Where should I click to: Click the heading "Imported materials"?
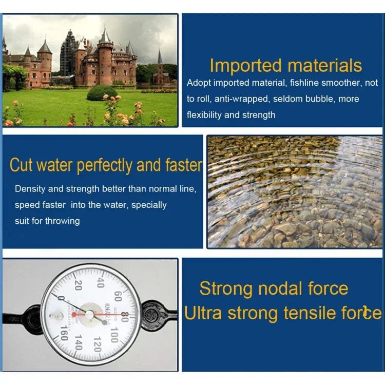pos(285,66)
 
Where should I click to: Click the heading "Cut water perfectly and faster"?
pos(106,165)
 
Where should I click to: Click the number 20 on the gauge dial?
pos(78,285)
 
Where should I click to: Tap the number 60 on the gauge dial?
pos(118,296)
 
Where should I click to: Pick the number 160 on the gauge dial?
pos(64,333)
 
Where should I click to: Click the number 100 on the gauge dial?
pos(114,335)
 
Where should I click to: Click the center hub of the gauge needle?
pos(89,314)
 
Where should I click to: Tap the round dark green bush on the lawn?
pos(102,93)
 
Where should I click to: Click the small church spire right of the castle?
pos(160,57)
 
